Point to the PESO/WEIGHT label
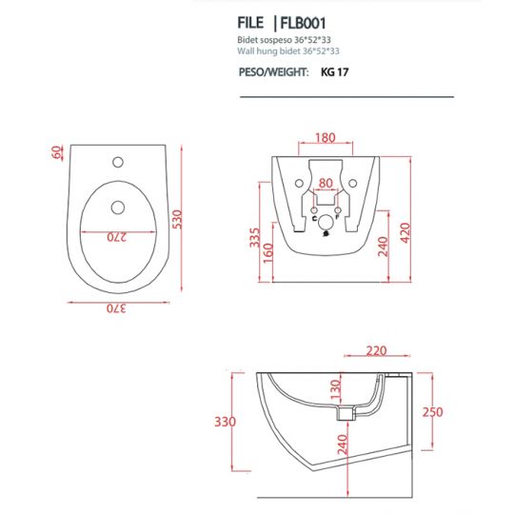pos(272,70)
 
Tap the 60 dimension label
pos(57,153)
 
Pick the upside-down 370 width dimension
pos(114,306)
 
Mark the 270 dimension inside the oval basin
pos(116,235)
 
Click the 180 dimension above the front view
pos(324,139)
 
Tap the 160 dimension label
pos(269,254)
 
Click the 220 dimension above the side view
pos(375,351)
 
